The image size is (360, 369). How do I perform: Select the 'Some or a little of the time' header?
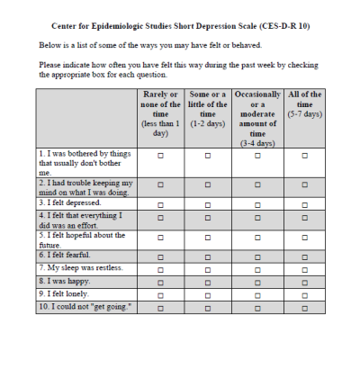pyautogui.click(x=208, y=109)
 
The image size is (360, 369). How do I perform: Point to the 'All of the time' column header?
pyautogui.click(x=306, y=104)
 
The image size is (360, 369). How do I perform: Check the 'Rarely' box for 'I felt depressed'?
pyautogui.click(x=161, y=204)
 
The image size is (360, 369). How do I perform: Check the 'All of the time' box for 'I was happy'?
pyautogui.click(x=306, y=282)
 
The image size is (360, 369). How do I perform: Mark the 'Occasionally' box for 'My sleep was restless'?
pyautogui.click(x=257, y=269)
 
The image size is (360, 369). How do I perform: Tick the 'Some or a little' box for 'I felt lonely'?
pyautogui.click(x=208, y=294)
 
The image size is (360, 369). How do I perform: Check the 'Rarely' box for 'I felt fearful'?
pyautogui.click(x=161, y=256)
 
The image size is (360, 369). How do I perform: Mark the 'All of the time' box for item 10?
pyautogui.click(x=306, y=307)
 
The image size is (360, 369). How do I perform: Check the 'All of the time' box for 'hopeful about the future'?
pyautogui.click(x=306, y=238)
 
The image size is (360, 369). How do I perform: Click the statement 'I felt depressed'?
pyautogui.click(x=71, y=203)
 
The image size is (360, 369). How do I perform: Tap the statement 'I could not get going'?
pyautogui.click(x=85, y=307)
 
